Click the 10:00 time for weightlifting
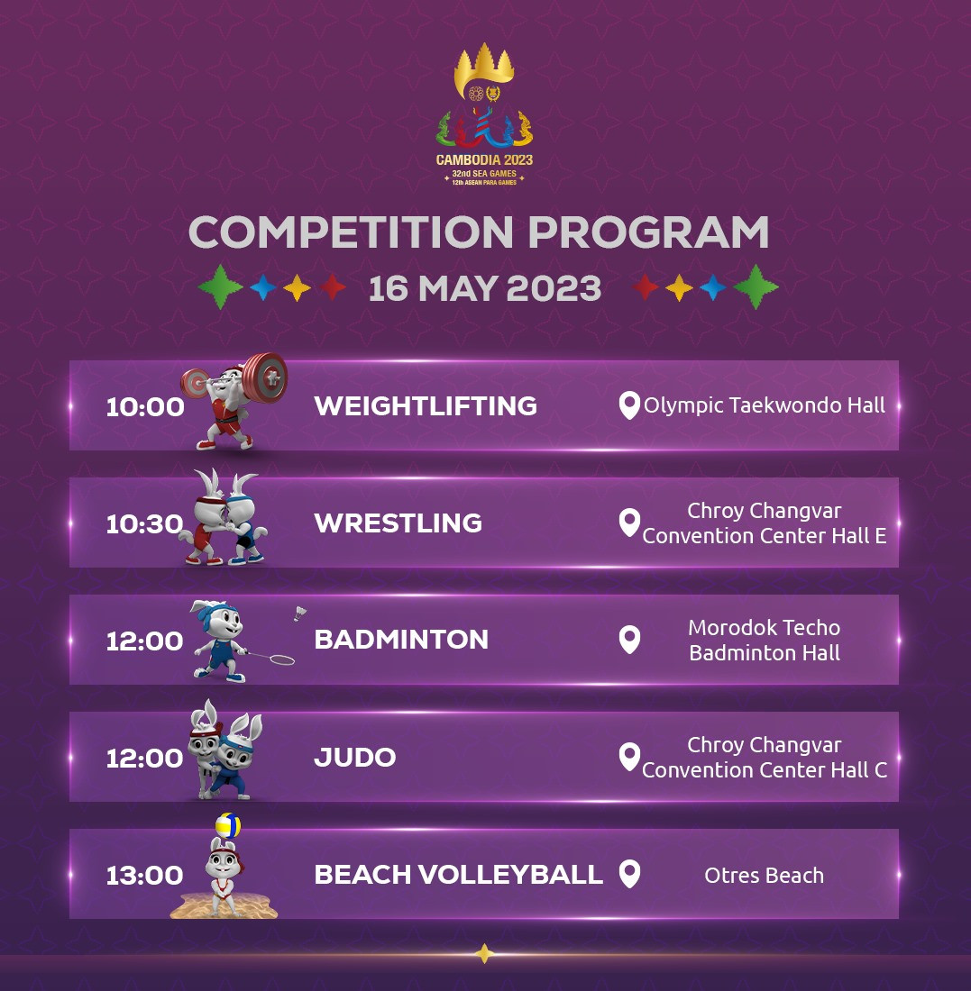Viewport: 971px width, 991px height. (x=145, y=407)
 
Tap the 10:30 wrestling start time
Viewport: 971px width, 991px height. (x=145, y=524)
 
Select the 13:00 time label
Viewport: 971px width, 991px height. (x=145, y=876)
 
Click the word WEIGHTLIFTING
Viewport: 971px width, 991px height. (x=426, y=405)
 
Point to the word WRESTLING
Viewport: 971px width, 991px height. (x=398, y=523)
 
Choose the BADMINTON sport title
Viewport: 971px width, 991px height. (x=402, y=640)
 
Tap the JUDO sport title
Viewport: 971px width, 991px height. (x=355, y=757)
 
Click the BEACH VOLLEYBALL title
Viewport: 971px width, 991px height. (x=459, y=875)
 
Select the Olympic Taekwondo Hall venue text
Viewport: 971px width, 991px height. (x=765, y=405)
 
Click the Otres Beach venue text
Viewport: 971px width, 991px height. (x=765, y=876)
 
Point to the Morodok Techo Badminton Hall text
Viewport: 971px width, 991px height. (x=765, y=640)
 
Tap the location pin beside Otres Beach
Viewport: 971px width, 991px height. (x=629, y=874)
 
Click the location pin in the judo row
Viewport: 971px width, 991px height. (x=629, y=757)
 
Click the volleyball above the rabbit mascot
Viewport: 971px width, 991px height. (x=228, y=825)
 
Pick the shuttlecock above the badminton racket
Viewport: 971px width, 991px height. (x=300, y=613)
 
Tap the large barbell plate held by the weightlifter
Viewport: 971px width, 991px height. (x=265, y=378)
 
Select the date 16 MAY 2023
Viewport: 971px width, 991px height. (x=484, y=288)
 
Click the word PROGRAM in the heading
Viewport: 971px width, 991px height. (x=648, y=232)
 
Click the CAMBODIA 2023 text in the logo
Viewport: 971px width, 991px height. (x=484, y=159)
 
